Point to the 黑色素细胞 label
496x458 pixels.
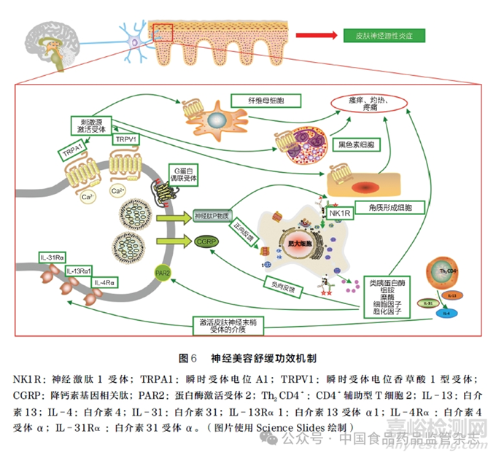click(352, 146)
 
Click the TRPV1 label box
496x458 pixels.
click(125, 139)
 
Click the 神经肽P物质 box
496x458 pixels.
click(212, 216)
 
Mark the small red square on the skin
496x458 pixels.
click(163, 31)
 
